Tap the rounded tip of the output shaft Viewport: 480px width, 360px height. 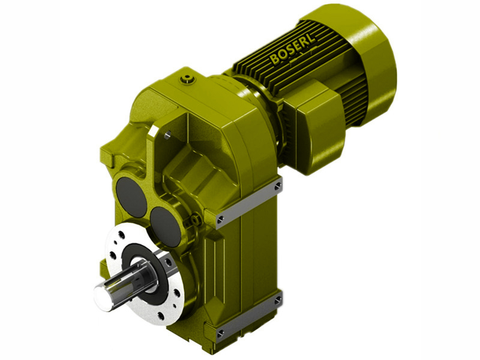click(103, 296)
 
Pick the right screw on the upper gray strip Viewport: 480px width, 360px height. click(278, 187)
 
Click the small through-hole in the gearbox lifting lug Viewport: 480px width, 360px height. click(168, 135)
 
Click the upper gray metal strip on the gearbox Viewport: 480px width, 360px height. click(250, 203)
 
